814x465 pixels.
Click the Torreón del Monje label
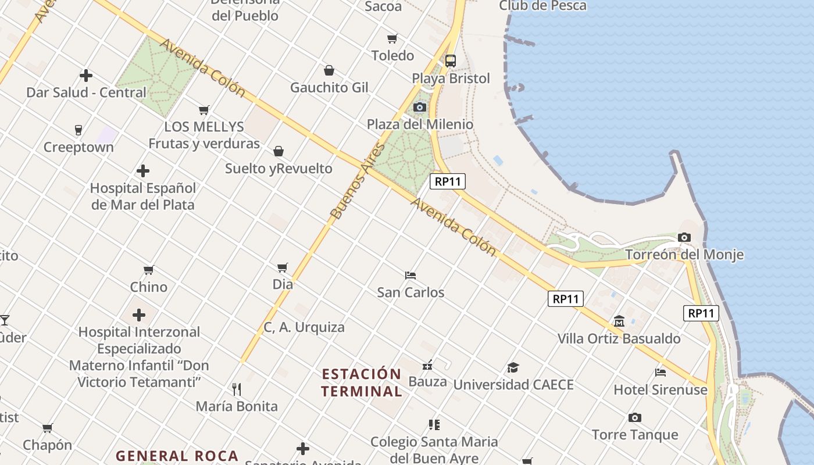click(x=684, y=255)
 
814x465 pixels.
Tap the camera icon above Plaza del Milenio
click(x=419, y=108)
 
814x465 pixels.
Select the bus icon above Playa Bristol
click(x=451, y=60)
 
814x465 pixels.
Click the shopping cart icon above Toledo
click(x=392, y=39)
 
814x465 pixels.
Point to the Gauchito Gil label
click(x=329, y=88)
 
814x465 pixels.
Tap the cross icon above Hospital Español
click(x=143, y=171)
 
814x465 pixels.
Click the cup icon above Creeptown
click(x=78, y=130)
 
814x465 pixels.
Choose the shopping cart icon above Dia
click(x=283, y=267)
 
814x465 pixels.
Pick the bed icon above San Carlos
click(x=410, y=275)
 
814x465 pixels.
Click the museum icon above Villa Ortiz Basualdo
click(x=619, y=321)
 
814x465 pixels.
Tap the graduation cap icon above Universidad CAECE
click(x=513, y=367)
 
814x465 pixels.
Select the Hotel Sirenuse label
click(x=661, y=389)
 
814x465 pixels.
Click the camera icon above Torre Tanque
click(x=634, y=417)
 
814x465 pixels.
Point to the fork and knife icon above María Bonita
click(x=237, y=389)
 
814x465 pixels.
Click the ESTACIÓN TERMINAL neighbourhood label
click(x=361, y=382)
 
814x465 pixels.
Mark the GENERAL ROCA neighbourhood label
click(x=177, y=456)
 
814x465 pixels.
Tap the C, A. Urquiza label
click(x=304, y=327)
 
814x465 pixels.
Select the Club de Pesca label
click(x=542, y=6)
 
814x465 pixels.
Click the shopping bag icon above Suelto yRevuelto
click(x=279, y=152)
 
